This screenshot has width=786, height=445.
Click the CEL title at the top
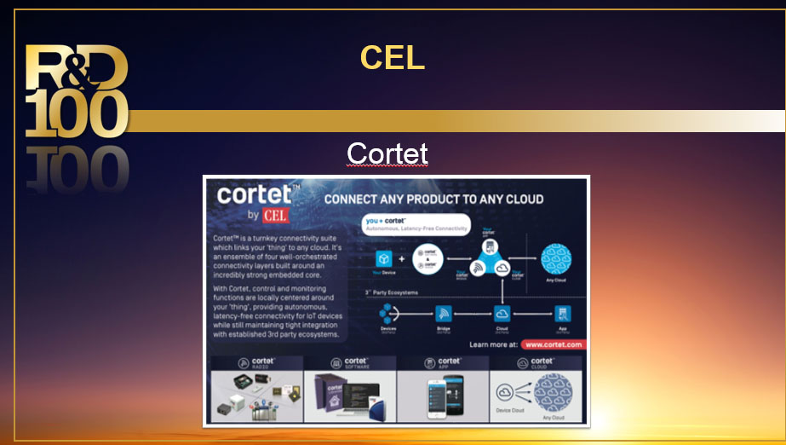(x=392, y=58)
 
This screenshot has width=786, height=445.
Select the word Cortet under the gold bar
(x=387, y=153)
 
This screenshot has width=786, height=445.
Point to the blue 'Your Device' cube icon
(x=384, y=258)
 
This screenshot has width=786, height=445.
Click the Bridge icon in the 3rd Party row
(x=443, y=314)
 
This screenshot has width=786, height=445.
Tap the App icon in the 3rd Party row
(x=561, y=314)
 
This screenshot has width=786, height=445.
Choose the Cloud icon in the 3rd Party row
(x=502, y=314)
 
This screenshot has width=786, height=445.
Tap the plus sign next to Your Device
(x=402, y=258)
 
